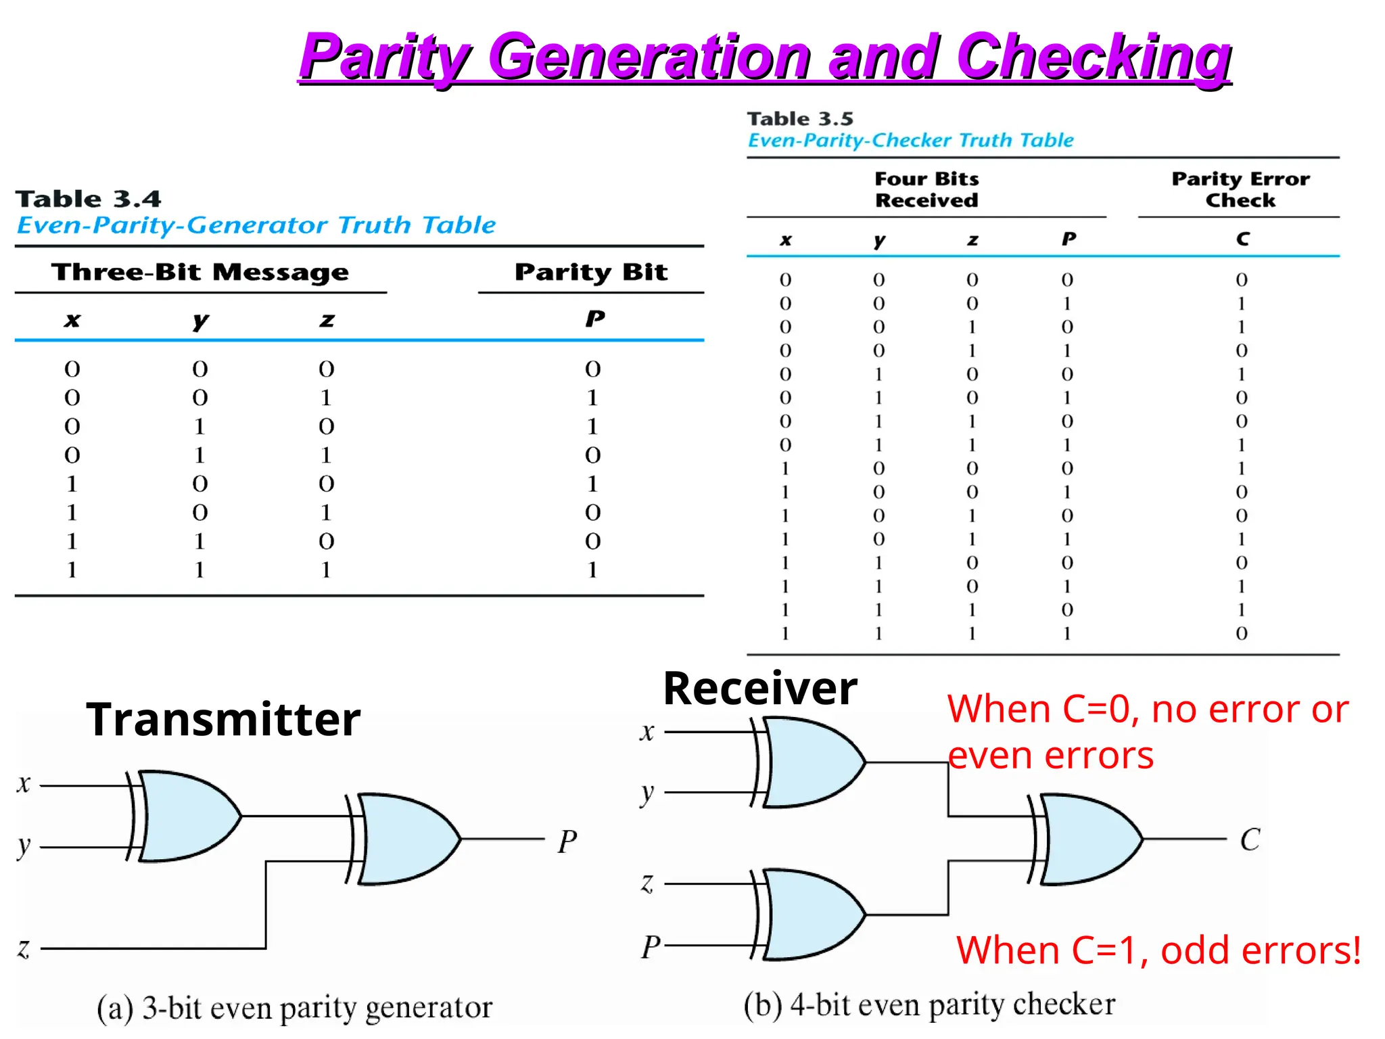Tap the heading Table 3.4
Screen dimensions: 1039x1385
(88, 199)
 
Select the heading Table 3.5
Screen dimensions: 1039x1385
(799, 119)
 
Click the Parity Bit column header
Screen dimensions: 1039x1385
(590, 272)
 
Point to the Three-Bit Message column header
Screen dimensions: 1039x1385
(200, 272)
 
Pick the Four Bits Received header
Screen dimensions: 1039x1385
(926, 189)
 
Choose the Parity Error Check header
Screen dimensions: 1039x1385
(1240, 189)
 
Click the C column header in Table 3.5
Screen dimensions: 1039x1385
(1242, 239)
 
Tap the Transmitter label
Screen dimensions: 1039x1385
(223, 719)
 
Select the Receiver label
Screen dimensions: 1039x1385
(760, 689)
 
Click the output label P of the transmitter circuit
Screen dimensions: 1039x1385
(567, 842)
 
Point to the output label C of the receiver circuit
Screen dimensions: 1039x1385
(1250, 840)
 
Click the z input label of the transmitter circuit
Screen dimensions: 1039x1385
(24, 948)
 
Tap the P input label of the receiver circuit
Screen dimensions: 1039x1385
(651, 947)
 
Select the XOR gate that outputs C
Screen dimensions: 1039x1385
(1089, 839)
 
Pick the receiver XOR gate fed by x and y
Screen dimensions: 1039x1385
(812, 762)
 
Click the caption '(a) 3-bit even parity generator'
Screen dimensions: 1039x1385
(294, 1008)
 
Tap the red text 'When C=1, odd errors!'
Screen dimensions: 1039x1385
(1158, 950)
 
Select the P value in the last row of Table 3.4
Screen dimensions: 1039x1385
(592, 570)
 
